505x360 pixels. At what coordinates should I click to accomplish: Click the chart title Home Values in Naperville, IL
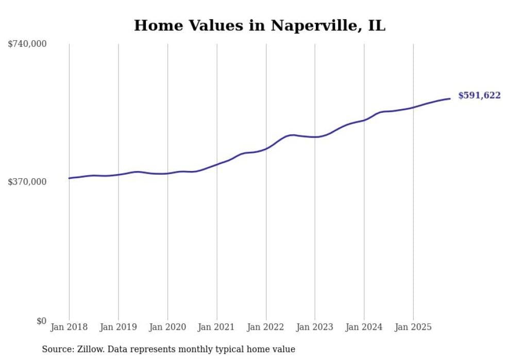(259, 25)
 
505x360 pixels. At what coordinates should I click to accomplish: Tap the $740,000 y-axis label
(27, 44)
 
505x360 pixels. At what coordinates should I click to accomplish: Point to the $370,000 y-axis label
(27, 182)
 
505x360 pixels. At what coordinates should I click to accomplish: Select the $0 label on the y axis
(41, 321)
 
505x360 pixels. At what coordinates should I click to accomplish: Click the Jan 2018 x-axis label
(69, 327)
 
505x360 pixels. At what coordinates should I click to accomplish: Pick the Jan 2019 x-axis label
(118, 327)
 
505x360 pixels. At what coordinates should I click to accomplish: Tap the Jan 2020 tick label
(167, 327)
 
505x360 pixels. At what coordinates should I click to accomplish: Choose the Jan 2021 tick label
(216, 327)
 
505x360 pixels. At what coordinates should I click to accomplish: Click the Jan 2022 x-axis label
(266, 327)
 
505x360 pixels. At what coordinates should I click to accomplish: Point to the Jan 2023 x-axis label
(315, 327)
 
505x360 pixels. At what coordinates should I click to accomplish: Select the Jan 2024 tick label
(364, 327)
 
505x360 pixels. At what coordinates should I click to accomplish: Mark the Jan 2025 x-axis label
(413, 327)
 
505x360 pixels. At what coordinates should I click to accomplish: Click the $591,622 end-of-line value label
(479, 95)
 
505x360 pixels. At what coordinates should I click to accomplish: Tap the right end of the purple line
(450, 98)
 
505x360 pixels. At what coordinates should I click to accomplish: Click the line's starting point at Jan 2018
(69, 178)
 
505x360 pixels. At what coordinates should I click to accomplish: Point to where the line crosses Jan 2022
(266, 148)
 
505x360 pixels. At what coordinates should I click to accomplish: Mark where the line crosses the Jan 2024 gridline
(364, 120)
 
